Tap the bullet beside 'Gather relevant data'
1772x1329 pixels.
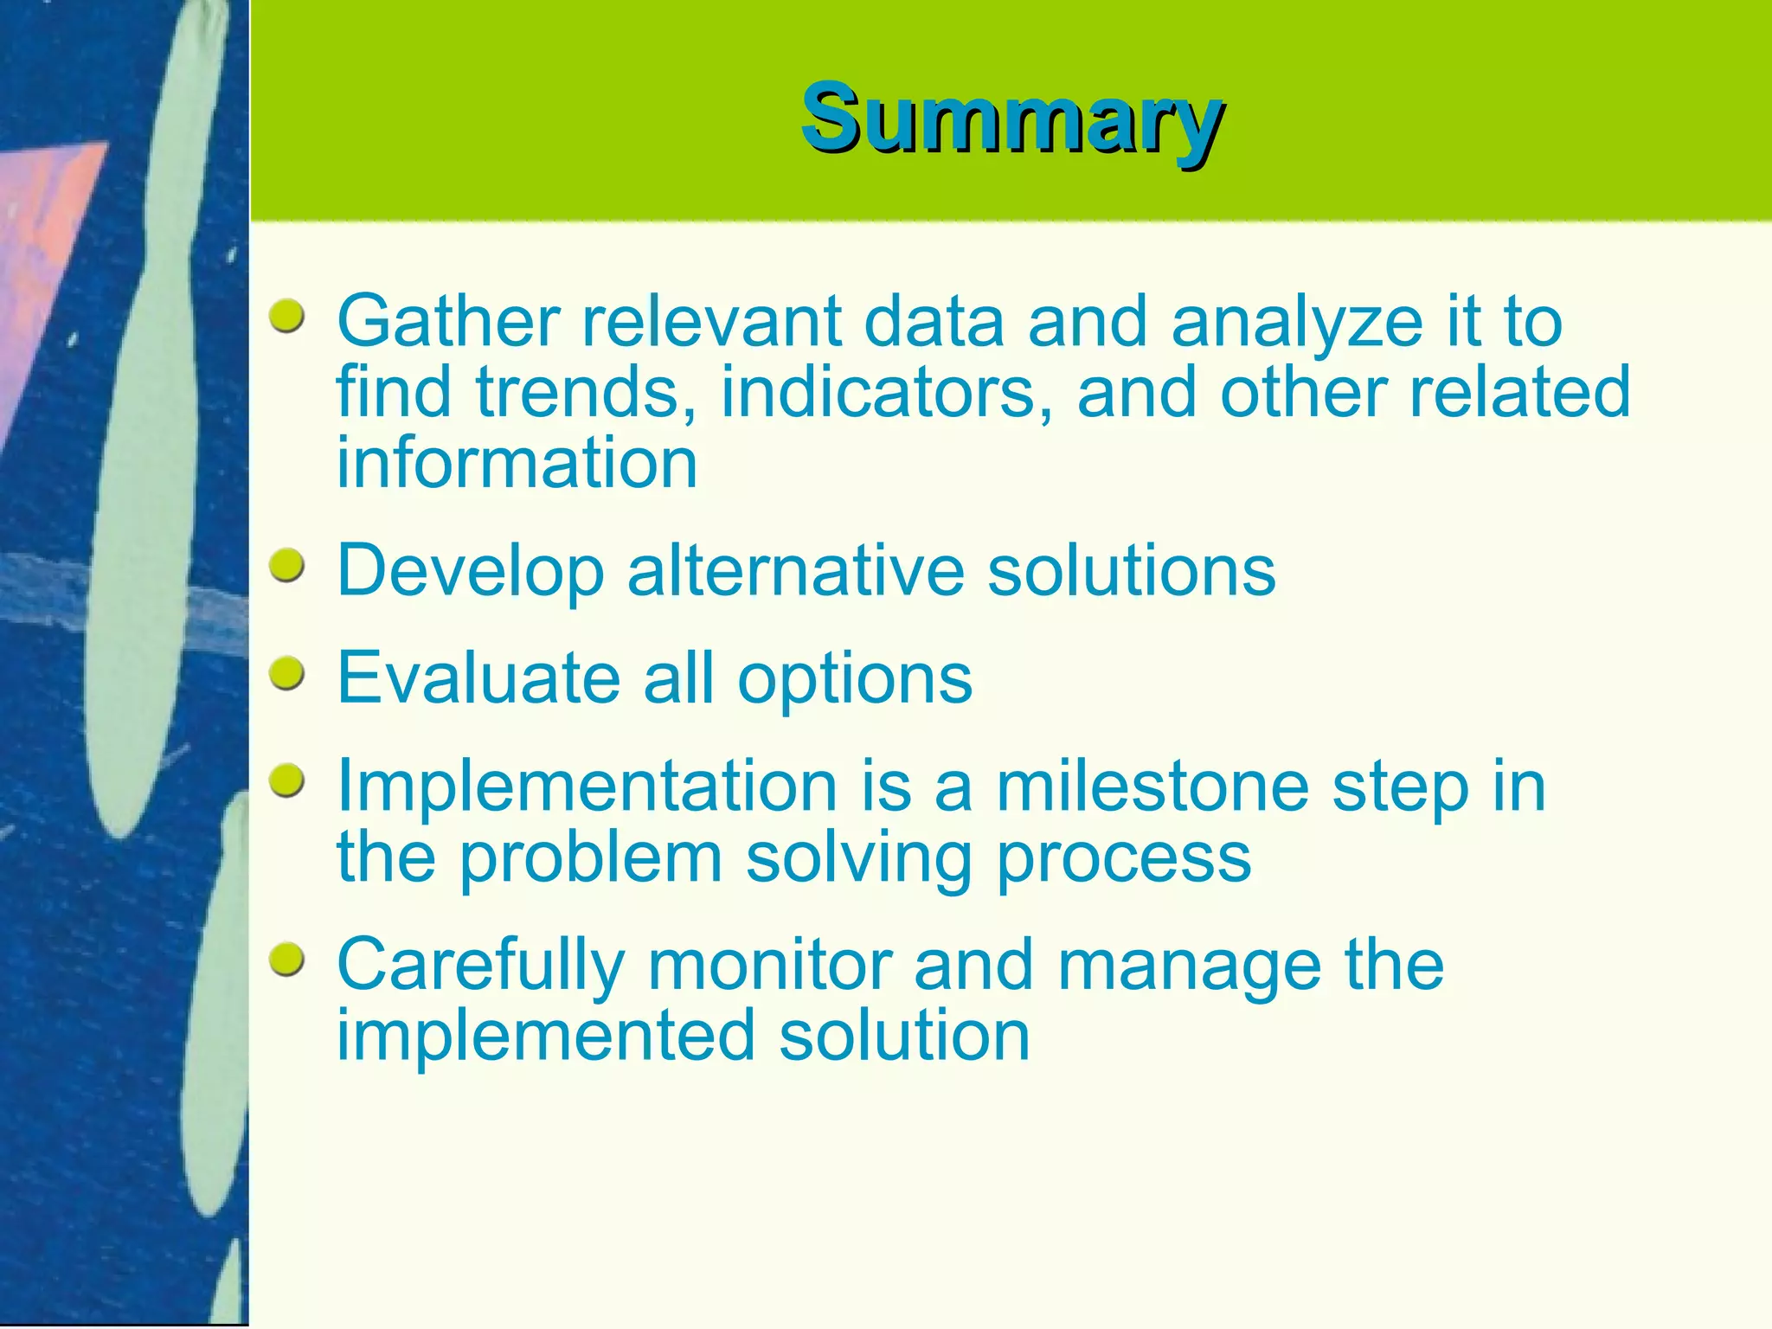286,317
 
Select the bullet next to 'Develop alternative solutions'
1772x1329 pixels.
286,566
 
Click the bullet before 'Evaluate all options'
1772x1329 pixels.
286,673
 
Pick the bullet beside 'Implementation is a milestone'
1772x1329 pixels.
286,781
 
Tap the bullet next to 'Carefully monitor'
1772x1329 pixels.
286,960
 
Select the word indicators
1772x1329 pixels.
886,392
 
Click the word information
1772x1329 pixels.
517,463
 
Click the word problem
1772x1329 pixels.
590,860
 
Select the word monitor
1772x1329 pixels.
770,965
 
